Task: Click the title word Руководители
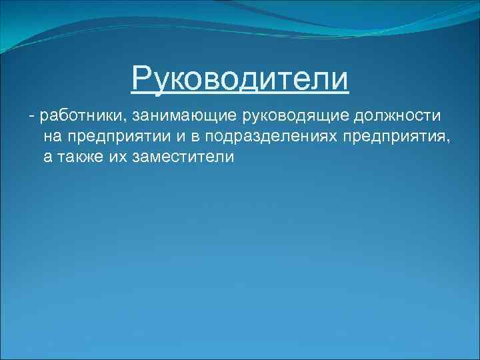[x=240, y=79]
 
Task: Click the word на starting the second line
[x=53, y=137]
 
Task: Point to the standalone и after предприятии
[x=173, y=137]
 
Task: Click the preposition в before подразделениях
[x=191, y=137]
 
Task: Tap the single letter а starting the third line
[x=47, y=158]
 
